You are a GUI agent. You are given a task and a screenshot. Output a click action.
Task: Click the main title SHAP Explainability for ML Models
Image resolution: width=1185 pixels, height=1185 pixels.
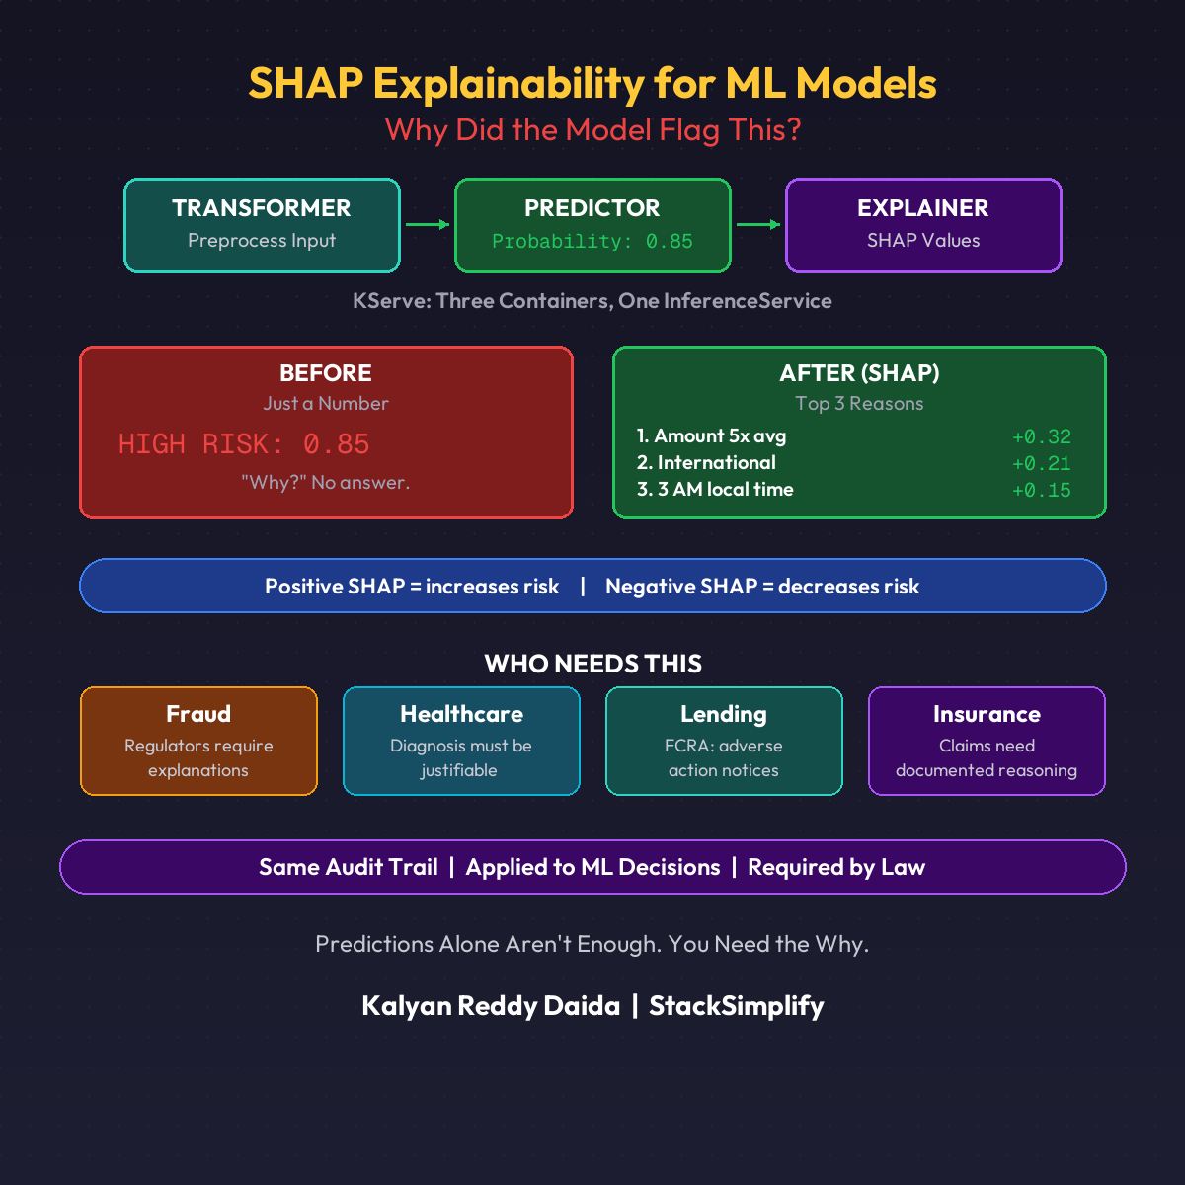pyautogui.click(x=592, y=84)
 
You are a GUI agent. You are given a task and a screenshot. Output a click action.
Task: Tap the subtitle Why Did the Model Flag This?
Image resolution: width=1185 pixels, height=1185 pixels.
pyautogui.click(x=592, y=130)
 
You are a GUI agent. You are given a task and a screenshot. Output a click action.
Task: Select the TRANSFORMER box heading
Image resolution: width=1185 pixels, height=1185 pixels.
pyautogui.click(x=262, y=208)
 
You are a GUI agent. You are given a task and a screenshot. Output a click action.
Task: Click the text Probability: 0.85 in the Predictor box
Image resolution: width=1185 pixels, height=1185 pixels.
pyautogui.click(x=592, y=242)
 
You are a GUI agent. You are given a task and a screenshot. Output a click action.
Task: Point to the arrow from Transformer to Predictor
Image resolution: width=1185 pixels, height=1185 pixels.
pyautogui.click(x=427, y=225)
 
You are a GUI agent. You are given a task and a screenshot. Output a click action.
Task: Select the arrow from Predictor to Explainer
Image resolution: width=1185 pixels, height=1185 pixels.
pyautogui.click(x=757, y=225)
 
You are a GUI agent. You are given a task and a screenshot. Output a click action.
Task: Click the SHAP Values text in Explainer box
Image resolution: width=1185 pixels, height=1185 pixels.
pyautogui.click(x=923, y=241)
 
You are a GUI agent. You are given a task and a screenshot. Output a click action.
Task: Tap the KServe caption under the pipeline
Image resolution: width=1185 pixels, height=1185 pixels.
pyautogui.click(x=592, y=301)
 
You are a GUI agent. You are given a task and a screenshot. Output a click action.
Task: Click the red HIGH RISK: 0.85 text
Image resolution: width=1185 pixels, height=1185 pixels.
pyautogui.click(x=244, y=444)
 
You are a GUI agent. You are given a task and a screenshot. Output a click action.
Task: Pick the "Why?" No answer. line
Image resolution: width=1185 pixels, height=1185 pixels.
pyautogui.click(x=326, y=483)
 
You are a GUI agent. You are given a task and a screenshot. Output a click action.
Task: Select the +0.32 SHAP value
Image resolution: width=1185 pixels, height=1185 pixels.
pyautogui.click(x=1041, y=437)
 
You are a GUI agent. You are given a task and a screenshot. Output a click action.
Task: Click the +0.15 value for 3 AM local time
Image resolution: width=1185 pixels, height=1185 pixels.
pyautogui.click(x=1041, y=491)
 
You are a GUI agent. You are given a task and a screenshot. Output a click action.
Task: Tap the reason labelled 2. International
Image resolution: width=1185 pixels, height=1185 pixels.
pyautogui.click(x=706, y=463)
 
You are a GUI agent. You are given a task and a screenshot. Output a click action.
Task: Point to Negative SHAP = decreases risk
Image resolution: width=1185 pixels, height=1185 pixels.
pyautogui.click(x=762, y=587)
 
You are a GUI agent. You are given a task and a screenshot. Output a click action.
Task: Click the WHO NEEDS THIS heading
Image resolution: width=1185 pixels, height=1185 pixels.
pyautogui.click(x=592, y=665)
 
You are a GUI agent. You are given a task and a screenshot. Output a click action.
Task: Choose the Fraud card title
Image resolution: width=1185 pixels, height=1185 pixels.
pyautogui.click(x=198, y=714)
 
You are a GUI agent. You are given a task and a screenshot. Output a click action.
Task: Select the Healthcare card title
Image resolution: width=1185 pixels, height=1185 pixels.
pyautogui.click(x=461, y=714)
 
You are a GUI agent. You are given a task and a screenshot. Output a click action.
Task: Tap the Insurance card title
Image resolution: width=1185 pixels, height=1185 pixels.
pyautogui.click(x=987, y=714)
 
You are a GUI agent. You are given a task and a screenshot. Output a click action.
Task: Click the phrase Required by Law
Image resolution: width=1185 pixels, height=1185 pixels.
pyautogui.click(x=836, y=868)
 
